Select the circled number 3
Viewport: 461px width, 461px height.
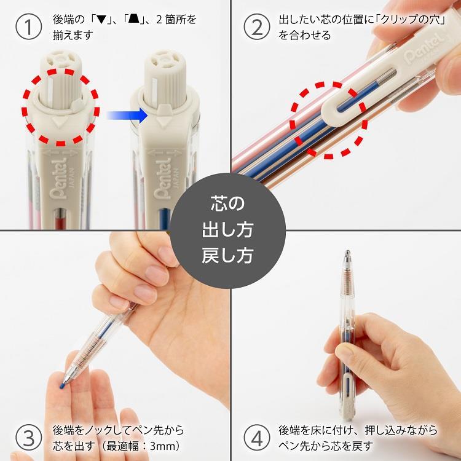click(28, 438)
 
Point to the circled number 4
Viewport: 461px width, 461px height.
click(257, 438)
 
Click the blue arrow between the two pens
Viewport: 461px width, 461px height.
click(127, 114)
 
